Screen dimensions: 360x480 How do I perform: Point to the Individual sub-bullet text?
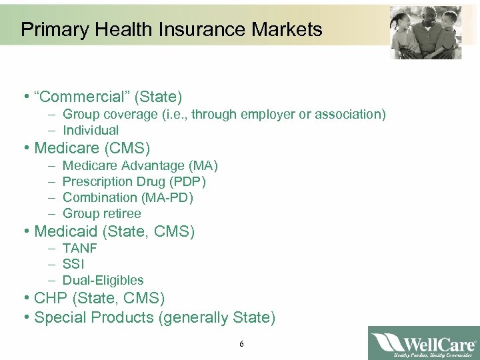coord(91,131)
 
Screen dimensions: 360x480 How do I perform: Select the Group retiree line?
coord(102,213)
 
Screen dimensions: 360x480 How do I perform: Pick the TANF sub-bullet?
coord(79,248)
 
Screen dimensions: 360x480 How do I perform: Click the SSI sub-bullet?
coord(73,264)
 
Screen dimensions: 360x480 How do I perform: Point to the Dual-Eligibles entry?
coord(103,280)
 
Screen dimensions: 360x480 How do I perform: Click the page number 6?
coord(241,344)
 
